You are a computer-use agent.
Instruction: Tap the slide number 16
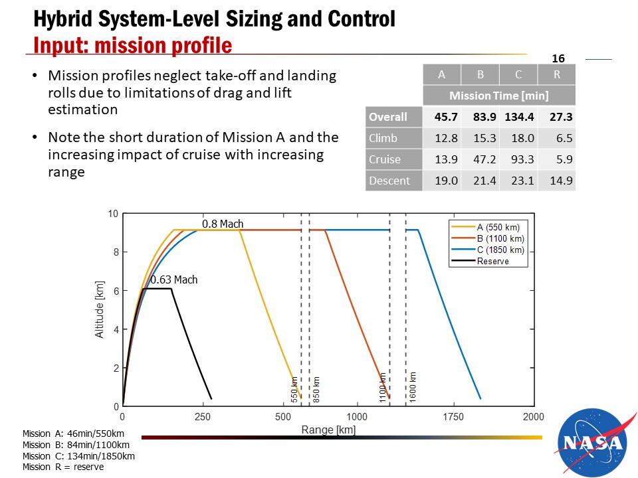(x=558, y=59)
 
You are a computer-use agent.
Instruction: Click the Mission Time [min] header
(x=499, y=96)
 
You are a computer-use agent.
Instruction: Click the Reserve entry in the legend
(x=492, y=261)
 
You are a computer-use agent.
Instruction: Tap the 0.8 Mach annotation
(x=223, y=224)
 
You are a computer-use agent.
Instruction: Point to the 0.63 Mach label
(x=174, y=280)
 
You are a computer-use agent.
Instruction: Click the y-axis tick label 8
(x=115, y=252)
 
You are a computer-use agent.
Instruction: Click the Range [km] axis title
(x=328, y=430)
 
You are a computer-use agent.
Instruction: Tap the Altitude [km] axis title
(x=100, y=309)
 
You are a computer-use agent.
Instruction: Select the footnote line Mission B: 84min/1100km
(x=76, y=445)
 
